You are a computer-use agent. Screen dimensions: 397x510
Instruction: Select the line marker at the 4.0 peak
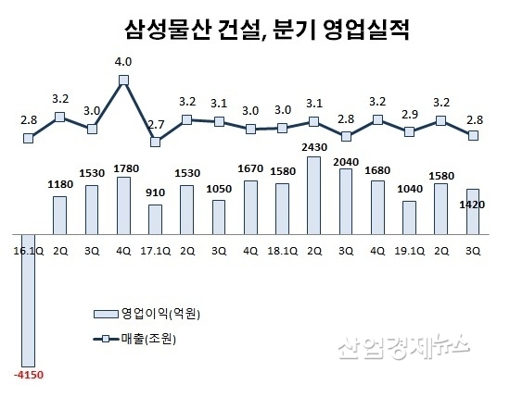pyautogui.click(x=123, y=81)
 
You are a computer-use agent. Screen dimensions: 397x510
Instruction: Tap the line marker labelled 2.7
pyautogui.click(x=156, y=142)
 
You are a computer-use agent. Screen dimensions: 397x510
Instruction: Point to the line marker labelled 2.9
pyautogui.click(x=410, y=132)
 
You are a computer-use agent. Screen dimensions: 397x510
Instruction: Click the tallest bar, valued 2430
pyautogui.click(x=313, y=194)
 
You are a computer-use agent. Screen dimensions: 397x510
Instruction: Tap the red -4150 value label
pyautogui.click(x=28, y=375)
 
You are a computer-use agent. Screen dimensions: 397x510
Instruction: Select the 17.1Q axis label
pyautogui.click(x=155, y=250)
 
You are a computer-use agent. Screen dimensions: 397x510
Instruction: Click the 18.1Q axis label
pyautogui.click(x=282, y=250)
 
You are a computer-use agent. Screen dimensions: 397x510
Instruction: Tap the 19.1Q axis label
pyautogui.click(x=409, y=250)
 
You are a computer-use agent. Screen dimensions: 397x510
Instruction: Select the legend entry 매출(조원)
pyautogui.click(x=148, y=339)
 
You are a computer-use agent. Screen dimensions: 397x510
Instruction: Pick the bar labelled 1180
pyautogui.click(x=59, y=214)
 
